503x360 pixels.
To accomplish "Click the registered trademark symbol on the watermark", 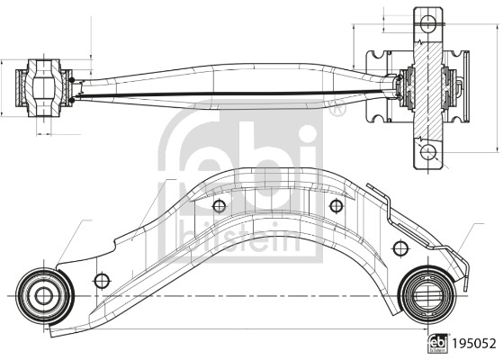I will [x=337, y=112].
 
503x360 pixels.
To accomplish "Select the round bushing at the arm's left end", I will [x=40, y=293].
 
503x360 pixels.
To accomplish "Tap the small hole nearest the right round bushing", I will [x=398, y=246].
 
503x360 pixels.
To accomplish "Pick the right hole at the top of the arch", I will [x=336, y=206].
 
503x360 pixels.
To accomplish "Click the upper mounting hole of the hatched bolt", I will [x=428, y=22].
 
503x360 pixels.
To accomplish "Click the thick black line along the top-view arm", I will [x=234, y=90].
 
